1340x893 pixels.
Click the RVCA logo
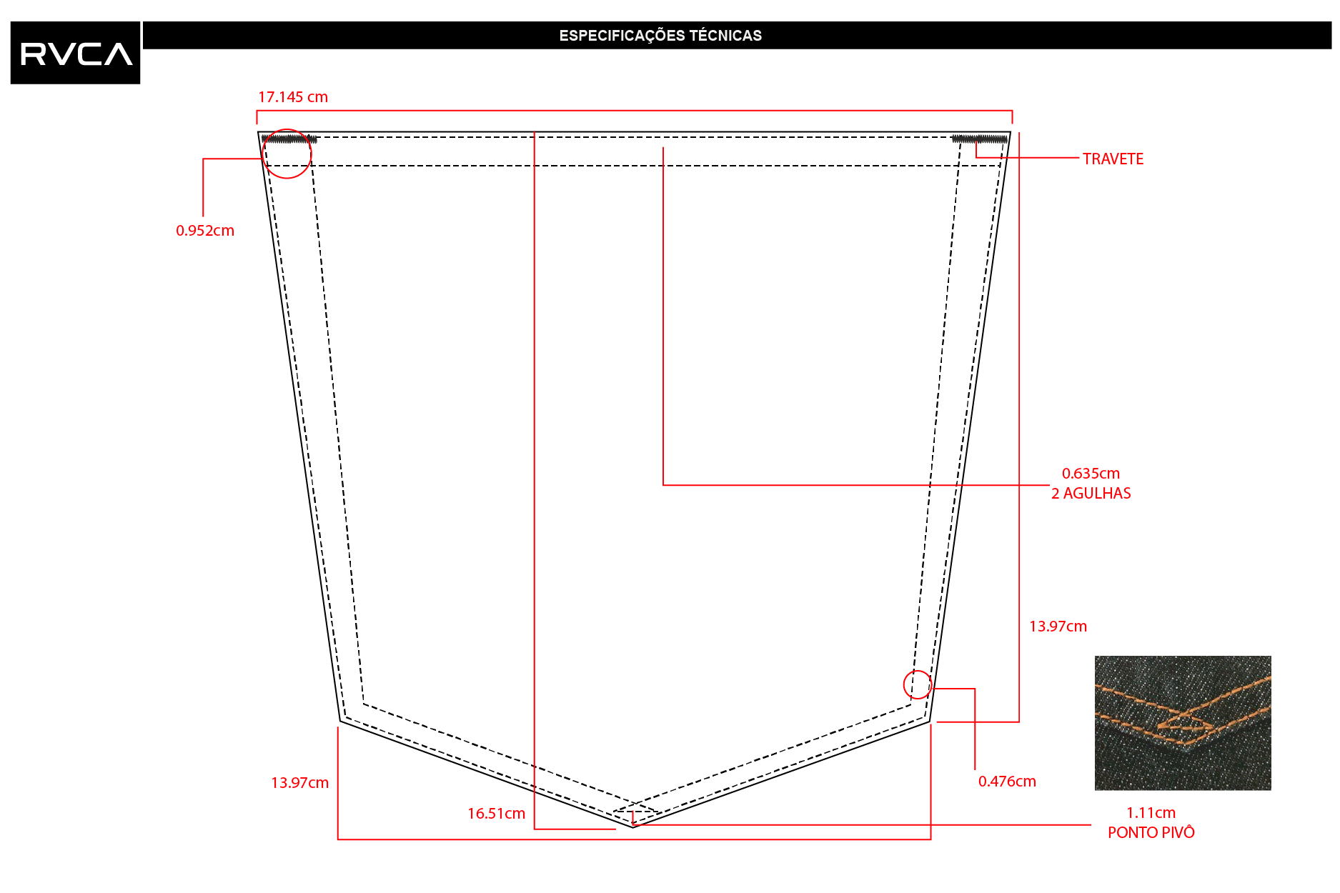point(75,53)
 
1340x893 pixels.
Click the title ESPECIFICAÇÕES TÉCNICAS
point(660,36)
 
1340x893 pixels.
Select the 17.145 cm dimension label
point(293,97)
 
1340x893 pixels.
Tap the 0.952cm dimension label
point(205,231)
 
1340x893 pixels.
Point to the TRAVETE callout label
point(1113,159)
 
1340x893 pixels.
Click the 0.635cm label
point(1091,474)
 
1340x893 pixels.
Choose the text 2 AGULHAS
point(1091,494)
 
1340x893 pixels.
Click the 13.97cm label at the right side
point(1058,627)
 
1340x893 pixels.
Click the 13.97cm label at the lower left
point(299,783)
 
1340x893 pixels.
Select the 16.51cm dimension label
point(496,814)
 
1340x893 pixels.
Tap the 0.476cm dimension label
point(1007,782)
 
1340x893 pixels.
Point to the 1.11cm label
point(1151,813)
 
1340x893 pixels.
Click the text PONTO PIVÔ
point(1151,833)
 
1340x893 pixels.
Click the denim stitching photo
point(1183,723)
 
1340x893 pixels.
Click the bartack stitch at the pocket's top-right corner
point(979,139)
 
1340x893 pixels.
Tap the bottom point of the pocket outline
point(633,827)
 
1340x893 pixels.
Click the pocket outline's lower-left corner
point(340,721)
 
